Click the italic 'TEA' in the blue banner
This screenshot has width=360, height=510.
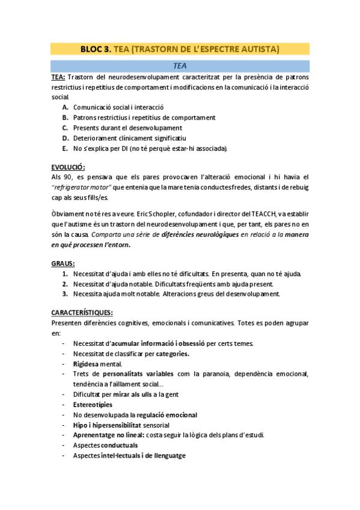pos(180,66)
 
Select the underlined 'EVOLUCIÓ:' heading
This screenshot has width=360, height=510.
pos(68,167)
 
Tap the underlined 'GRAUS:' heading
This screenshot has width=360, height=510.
pos(63,263)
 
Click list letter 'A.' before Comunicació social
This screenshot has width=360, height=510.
pos(65,107)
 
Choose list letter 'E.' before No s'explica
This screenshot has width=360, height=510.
pos(65,148)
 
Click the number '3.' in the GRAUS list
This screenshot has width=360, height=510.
pos(65,294)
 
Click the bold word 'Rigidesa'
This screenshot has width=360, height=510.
pos(89,364)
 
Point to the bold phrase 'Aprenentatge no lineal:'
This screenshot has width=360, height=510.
pos(108,435)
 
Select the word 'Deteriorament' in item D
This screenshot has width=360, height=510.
pos(94,138)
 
